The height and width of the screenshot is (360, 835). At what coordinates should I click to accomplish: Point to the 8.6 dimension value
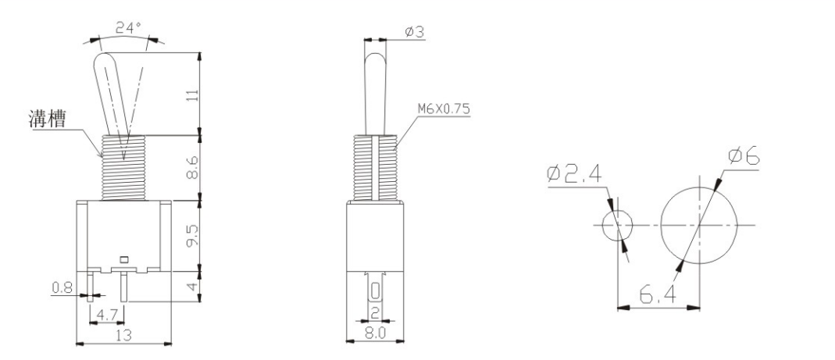click(193, 167)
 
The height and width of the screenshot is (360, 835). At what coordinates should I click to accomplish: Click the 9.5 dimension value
click(193, 234)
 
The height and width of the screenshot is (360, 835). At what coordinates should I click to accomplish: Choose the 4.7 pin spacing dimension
click(107, 316)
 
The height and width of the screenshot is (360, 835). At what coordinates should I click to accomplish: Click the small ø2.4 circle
click(619, 225)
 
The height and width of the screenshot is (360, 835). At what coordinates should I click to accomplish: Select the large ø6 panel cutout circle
click(699, 225)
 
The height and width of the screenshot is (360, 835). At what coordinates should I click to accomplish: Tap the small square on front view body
click(123, 257)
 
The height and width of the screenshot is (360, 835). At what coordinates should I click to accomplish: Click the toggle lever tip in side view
click(376, 59)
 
